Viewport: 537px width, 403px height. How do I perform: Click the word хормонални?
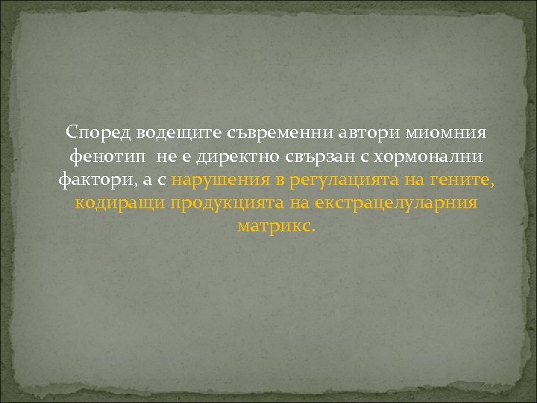point(418,157)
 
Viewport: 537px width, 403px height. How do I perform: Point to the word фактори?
point(92,180)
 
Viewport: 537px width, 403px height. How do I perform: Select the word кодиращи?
point(119,203)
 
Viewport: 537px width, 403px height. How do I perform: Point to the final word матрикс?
point(276,225)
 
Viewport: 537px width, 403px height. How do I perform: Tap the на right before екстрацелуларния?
point(297,203)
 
